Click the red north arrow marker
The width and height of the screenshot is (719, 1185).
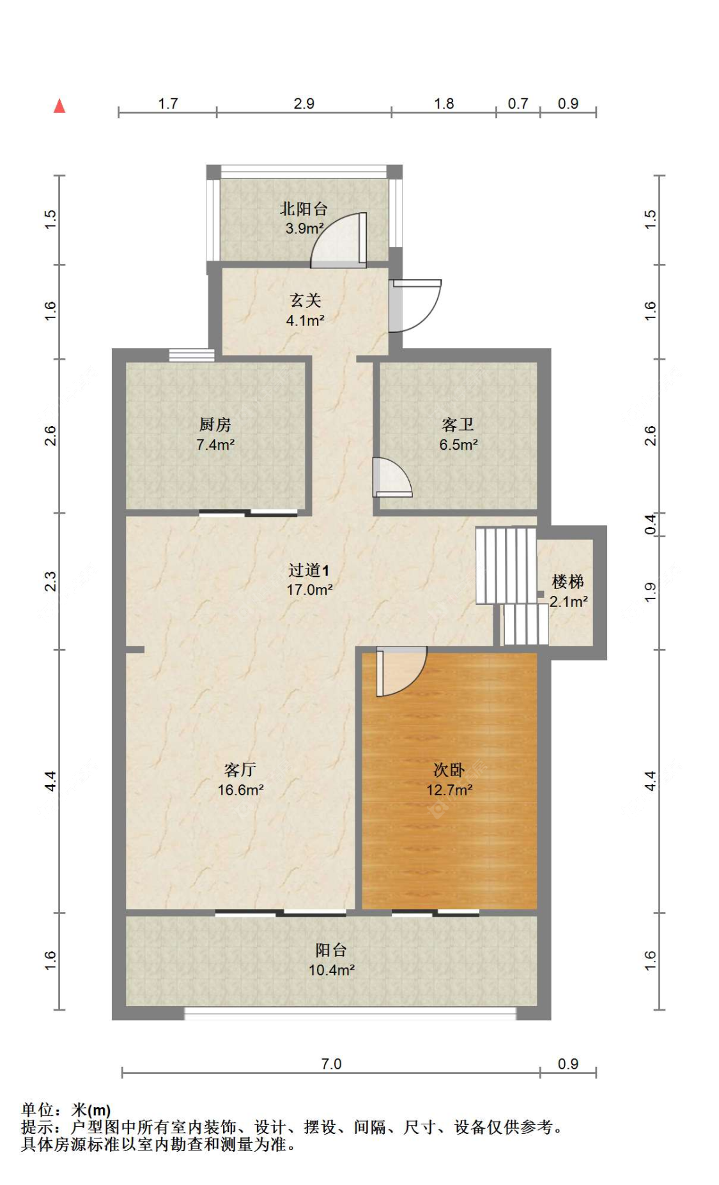pos(59,106)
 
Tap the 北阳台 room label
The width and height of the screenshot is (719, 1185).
pos(304,209)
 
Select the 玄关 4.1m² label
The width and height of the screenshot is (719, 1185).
pos(305,310)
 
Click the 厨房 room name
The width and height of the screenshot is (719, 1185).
pos(215,424)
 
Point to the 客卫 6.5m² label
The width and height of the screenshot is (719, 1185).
pos(458,434)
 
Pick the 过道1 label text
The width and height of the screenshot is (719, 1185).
pos(309,570)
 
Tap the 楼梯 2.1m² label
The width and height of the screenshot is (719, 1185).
pos(568,591)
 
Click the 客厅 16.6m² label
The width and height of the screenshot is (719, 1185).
pos(240,779)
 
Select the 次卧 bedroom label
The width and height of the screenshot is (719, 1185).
pos(449,770)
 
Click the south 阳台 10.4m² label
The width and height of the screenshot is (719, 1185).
pos(331,959)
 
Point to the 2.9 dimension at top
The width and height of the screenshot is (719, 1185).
pos(304,103)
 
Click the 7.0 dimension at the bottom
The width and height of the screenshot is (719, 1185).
pos(331,1064)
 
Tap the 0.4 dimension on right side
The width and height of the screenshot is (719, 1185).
pos(650,524)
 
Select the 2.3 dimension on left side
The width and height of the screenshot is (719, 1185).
pos(50,581)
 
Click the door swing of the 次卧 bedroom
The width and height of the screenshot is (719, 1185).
pos(401,671)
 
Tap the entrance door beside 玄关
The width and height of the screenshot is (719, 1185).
pos(415,305)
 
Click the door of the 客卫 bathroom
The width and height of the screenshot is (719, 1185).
pos(392,478)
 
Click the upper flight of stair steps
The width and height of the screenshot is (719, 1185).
pos(505,565)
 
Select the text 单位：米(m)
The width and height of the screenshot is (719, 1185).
pos(66,1110)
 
